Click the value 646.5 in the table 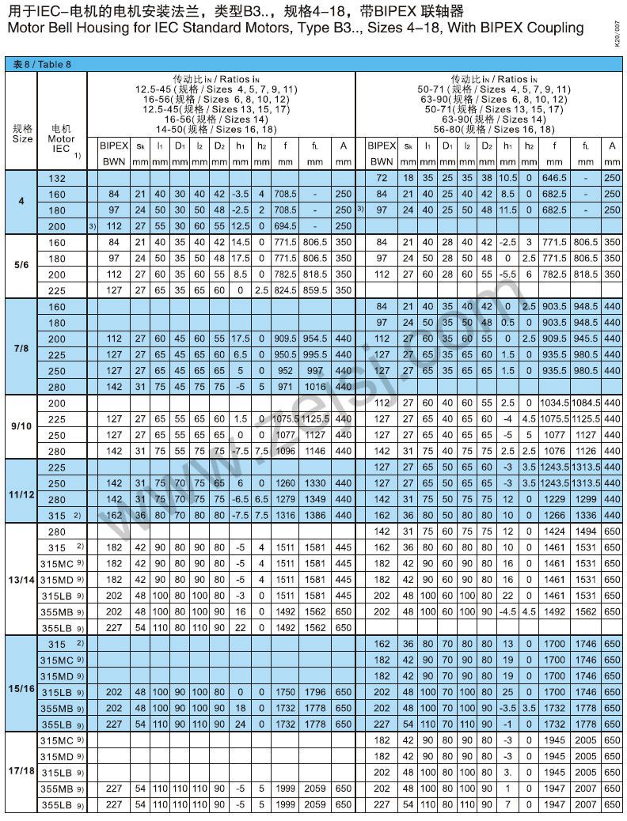555,178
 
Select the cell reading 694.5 285,226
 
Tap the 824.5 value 285,290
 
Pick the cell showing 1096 285,451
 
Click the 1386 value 315,515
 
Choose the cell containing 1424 555,532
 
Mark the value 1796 315,691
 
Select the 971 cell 285,387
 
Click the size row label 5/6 21,266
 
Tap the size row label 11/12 21,490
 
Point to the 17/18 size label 21,771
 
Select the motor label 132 58,178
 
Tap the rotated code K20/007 617,36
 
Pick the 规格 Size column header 22,133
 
